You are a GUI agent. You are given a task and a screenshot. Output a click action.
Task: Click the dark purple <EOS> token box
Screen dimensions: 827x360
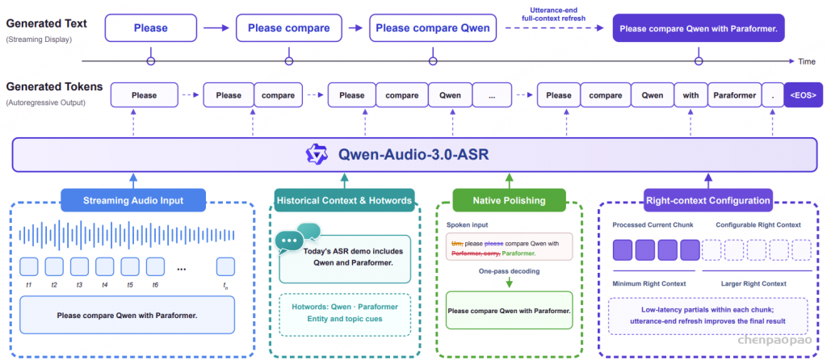click(803, 95)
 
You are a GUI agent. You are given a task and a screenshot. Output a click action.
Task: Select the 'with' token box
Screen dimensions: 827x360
click(691, 95)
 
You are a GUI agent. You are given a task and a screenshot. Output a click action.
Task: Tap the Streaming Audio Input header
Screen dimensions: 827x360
click(133, 200)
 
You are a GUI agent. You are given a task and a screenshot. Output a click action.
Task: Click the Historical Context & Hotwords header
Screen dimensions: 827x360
click(344, 200)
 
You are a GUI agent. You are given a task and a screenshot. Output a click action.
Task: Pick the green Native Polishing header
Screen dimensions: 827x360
click(509, 200)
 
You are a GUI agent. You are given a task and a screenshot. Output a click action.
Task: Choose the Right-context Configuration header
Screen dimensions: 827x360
click(708, 200)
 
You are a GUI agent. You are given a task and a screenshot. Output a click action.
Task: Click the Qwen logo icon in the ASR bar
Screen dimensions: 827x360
click(317, 154)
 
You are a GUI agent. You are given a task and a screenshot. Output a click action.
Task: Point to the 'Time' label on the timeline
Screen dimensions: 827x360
click(807, 61)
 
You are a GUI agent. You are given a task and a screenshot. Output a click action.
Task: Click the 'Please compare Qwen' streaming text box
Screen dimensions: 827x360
click(433, 28)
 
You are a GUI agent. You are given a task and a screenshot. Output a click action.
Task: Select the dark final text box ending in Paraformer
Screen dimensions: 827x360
click(699, 28)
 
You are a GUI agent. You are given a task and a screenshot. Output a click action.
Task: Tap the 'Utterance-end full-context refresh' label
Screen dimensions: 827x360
click(554, 15)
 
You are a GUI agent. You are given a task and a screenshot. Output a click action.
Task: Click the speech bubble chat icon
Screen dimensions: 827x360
click(297, 238)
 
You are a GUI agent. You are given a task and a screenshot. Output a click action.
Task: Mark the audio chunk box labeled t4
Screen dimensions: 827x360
click(105, 266)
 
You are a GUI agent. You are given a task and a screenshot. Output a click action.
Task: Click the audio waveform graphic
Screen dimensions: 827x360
click(127, 235)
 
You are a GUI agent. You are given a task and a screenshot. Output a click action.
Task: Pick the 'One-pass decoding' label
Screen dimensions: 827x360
click(509, 271)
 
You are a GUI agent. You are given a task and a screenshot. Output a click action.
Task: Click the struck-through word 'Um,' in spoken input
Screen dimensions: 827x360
click(457, 244)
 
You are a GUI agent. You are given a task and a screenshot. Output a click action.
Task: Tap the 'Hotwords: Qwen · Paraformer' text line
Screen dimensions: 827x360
click(344, 307)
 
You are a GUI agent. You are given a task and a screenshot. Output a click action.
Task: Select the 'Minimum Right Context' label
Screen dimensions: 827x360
click(649, 283)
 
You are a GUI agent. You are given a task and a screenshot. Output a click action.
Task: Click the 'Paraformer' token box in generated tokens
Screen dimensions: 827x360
click(735, 95)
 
